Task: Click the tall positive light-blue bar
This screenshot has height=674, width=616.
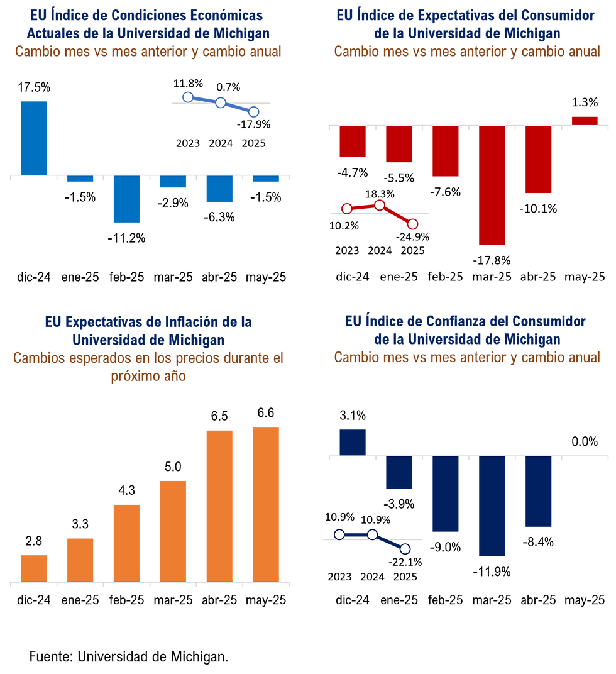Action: coord(33,136)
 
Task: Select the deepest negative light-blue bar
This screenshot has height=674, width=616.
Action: coord(126,199)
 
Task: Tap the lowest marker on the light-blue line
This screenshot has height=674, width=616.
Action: coord(253,112)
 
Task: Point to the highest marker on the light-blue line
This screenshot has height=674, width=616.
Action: coord(187,96)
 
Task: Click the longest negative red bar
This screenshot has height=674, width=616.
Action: coord(492,185)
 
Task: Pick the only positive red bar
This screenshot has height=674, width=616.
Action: coord(585,119)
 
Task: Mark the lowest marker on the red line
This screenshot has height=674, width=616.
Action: coord(412,224)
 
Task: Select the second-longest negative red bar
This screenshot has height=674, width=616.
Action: coord(538,160)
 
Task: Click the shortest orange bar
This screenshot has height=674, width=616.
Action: coord(33,567)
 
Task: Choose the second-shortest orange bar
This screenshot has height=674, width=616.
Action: coord(80,559)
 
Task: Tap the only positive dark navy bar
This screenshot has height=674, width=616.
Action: coord(353,441)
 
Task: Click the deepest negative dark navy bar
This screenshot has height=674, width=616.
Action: coord(492,507)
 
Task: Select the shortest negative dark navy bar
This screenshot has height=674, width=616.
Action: coord(399,473)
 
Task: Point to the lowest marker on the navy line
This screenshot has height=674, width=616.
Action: coord(405,549)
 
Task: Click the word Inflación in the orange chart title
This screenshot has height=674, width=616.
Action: coord(188,322)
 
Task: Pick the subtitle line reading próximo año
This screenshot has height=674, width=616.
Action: coord(148,377)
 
